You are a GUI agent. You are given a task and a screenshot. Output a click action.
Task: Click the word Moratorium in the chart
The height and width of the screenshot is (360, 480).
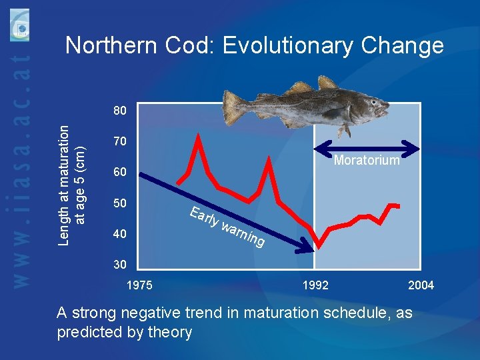click(367, 160)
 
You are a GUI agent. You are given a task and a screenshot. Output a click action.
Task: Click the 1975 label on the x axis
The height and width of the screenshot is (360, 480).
click(139, 285)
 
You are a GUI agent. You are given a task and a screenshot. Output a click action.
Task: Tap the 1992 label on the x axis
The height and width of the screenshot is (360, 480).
click(315, 285)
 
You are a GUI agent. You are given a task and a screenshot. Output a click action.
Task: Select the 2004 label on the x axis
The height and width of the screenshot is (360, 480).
click(421, 285)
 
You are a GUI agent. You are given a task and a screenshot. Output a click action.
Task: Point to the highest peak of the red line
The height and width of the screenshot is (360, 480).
click(199, 135)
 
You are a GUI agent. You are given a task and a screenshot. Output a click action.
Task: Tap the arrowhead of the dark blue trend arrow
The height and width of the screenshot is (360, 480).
click(308, 250)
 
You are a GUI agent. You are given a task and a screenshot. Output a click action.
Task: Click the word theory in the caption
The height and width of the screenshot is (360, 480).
click(169, 332)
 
